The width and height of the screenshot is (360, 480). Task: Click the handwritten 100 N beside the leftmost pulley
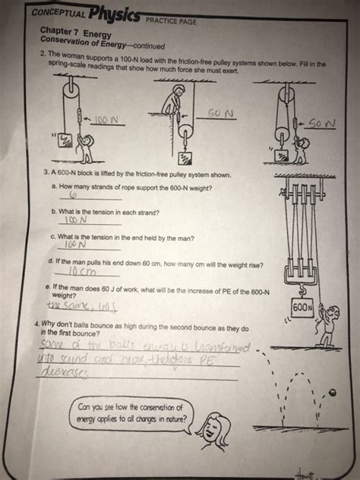point(108,119)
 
